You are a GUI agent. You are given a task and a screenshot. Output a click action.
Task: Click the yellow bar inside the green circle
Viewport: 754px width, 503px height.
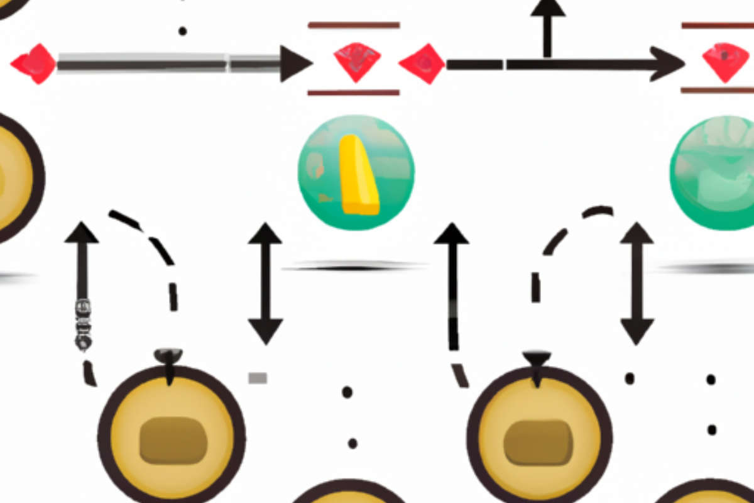click(359, 175)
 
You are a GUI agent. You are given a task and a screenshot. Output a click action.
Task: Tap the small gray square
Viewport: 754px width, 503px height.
click(258, 378)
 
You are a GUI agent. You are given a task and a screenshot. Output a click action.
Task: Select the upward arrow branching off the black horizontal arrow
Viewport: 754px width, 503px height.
click(548, 28)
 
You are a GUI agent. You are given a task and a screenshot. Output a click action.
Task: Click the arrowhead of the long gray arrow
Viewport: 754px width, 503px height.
click(295, 64)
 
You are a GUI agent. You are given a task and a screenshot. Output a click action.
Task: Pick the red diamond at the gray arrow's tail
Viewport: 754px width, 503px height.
click(34, 64)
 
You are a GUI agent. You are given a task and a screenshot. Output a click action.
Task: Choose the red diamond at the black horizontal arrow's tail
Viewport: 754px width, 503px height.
click(422, 64)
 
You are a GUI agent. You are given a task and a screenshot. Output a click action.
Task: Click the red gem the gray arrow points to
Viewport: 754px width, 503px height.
click(357, 62)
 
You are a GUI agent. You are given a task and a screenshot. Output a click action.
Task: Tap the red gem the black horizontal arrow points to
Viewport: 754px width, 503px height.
click(726, 62)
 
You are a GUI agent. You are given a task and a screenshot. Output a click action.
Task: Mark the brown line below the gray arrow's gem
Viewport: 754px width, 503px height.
click(353, 92)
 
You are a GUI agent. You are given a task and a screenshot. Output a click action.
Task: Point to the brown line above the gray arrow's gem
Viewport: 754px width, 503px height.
click(353, 25)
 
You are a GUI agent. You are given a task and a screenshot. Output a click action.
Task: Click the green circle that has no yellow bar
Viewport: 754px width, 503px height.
click(713, 165)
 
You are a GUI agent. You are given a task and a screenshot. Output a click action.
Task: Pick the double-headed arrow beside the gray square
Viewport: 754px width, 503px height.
click(265, 283)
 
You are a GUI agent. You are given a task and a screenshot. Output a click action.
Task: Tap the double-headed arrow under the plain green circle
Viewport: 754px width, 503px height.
click(637, 283)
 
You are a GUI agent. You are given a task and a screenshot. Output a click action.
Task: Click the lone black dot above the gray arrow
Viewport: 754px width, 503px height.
click(182, 31)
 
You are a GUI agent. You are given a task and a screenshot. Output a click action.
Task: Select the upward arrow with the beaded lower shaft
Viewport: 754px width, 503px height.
click(82, 283)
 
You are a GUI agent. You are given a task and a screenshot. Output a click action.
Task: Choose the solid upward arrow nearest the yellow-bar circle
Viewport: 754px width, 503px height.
click(451, 283)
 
